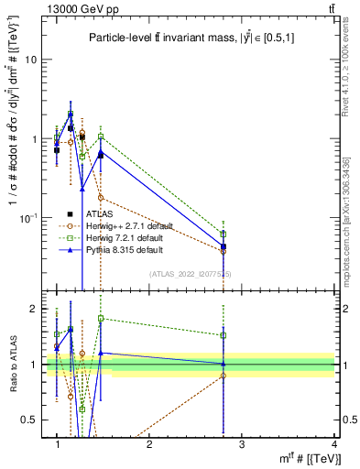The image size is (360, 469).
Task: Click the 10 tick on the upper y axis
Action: pos(31,60)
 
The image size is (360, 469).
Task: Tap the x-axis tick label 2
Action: pos(149,444)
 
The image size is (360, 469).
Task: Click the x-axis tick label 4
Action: pos(333,444)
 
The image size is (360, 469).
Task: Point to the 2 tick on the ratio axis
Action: pos(34,309)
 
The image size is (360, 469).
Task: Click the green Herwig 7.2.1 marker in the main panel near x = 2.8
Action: pos(224,234)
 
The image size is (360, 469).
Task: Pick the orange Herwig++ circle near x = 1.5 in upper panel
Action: pos(101,198)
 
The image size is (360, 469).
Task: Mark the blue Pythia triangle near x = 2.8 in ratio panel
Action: pos(224,364)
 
